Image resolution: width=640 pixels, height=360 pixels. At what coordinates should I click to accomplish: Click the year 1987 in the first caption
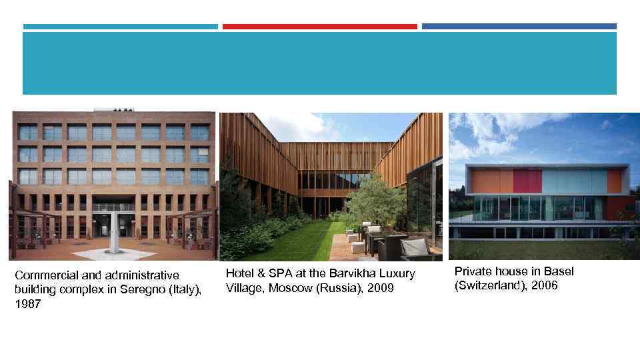(x=27, y=303)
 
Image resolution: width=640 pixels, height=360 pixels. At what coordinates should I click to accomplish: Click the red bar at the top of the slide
(x=319, y=27)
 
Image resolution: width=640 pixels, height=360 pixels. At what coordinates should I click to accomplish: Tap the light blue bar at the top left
(x=120, y=27)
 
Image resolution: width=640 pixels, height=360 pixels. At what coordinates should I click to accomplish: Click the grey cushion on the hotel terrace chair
(x=415, y=246)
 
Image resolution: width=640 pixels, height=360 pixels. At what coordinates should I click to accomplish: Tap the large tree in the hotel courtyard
(x=377, y=200)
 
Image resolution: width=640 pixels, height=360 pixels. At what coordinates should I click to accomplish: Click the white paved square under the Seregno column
(x=115, y=254)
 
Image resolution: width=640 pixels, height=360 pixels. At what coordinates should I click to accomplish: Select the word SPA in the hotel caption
(x=273, y=273)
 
